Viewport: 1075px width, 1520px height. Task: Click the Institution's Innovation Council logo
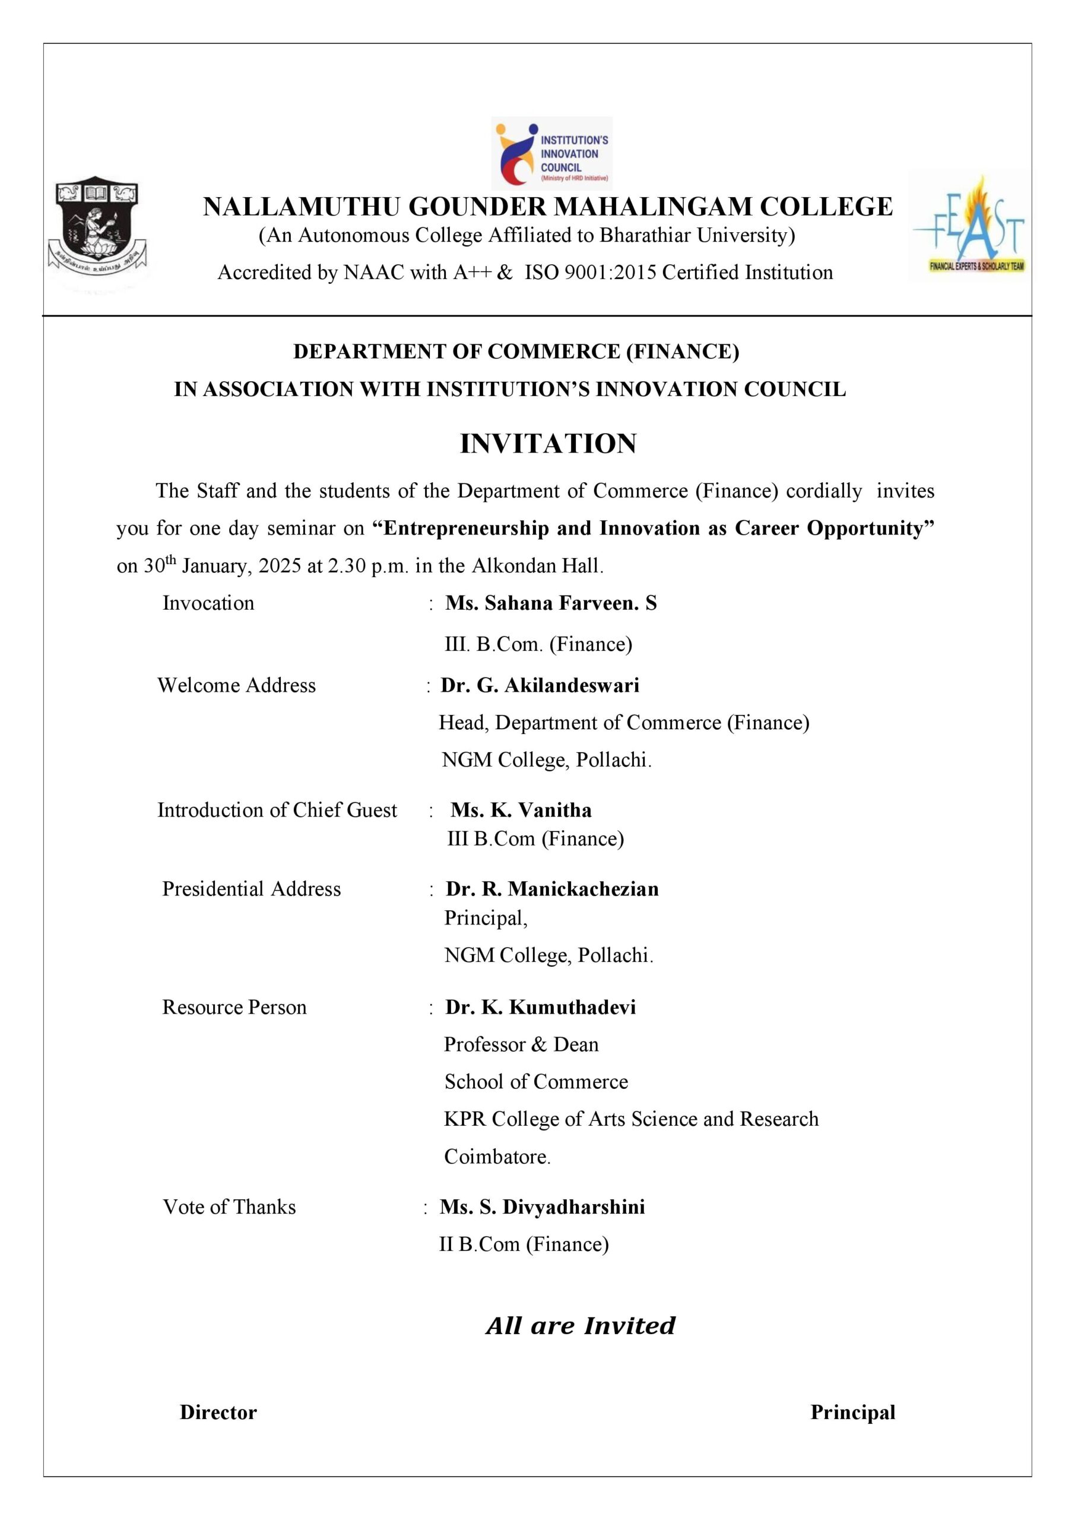pyautogui.click(x=551, y=154)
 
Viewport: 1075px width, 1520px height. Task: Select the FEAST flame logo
pyautogui.click(x=969, y=226)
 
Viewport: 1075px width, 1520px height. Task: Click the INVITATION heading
pyautogui.click(x=548, y=444)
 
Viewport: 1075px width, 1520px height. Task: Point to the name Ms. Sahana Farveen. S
pyautogui.click(x=551, y=603)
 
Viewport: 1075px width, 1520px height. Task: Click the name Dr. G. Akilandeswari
pyautogui.click(x=540, y=685)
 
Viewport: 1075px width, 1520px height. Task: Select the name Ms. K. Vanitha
pyautogui.click(x=521, y=810)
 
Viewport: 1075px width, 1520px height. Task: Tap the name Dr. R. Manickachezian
pyautogui.click(x=552, y=889)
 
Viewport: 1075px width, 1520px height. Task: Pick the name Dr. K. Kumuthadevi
pyautogui.click(x=540, y=1008)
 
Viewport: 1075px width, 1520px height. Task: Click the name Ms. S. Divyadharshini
pyautogui.click(x=542, y=1207)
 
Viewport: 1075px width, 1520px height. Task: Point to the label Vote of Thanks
pyautogui.click(x=229, y=1207)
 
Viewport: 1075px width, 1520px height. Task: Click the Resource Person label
pyautogui.click(x=234, y=1008)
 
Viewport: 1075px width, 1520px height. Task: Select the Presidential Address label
pyautogui.click(x=252, y=889)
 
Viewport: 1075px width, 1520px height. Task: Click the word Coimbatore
pyautogui.click(x=496, y=1157)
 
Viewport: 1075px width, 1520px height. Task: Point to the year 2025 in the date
pyautogui.click(x=280, y=566)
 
